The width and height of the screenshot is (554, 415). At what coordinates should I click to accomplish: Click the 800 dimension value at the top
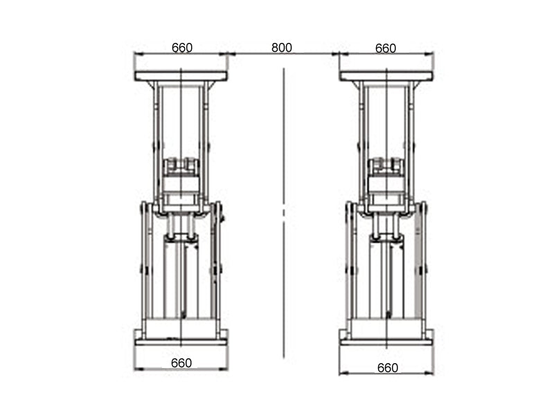click(x=282, y=48)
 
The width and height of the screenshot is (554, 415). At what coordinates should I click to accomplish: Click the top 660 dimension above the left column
click(x=181, y=48)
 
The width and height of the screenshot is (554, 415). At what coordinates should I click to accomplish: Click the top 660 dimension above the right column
click(x=386, y=48)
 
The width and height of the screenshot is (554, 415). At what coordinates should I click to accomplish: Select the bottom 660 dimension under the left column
click(x=181, y=363)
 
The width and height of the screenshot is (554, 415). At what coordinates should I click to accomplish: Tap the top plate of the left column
click(x=181, y=76)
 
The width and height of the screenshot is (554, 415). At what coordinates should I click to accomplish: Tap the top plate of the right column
click(x=386, y=76)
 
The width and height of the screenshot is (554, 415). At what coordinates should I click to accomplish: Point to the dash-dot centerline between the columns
click(x=284, y=207)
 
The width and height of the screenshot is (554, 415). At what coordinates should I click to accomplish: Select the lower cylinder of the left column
click(x=181, y=277)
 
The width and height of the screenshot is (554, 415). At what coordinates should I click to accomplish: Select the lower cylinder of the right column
click(x=386, y=277)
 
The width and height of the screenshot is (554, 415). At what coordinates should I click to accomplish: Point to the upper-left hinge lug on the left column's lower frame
click(x=143, y=208)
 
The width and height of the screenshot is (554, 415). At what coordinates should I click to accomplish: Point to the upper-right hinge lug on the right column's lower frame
click(x=424, y=208)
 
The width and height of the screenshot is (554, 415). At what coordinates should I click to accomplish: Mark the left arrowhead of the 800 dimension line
click(x=231, y=53)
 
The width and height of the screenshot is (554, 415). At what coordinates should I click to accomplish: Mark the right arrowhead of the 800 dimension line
click(x=336, y=53)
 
